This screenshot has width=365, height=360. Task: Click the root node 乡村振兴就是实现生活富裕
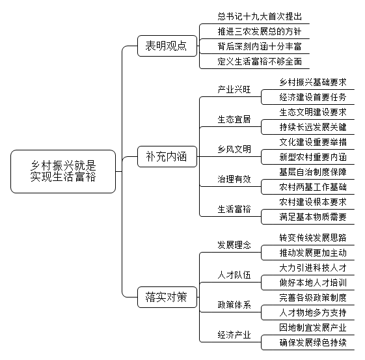(63, 171)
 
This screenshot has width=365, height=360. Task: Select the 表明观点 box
(167, 46)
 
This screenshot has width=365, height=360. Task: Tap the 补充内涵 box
(167, 156)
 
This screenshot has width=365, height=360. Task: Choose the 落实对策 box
(167, 297)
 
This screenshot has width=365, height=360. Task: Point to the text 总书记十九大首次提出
(260, 16)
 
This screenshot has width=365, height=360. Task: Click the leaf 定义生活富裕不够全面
(260, 61)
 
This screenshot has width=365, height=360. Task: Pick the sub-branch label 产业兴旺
(234, 89)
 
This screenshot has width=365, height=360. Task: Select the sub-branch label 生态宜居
(234, 119)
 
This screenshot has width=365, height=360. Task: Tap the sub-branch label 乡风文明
(234, 149)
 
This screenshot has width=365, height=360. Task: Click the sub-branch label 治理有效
(234, 179)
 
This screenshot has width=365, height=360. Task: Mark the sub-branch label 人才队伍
(234, 275)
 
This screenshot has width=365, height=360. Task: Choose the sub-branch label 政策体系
(234, 305)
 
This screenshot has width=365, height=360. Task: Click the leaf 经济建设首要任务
(313, 97)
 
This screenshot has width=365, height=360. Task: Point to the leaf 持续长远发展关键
(313, 127)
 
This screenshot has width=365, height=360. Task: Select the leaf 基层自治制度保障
(313, 172)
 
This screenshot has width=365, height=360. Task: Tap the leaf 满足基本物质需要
(313, 217)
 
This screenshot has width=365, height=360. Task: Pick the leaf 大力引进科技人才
(313, 268)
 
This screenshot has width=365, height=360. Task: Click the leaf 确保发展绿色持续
(313, 342)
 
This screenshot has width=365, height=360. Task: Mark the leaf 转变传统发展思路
(313, 238)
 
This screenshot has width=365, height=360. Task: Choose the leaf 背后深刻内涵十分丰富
(260, 47)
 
